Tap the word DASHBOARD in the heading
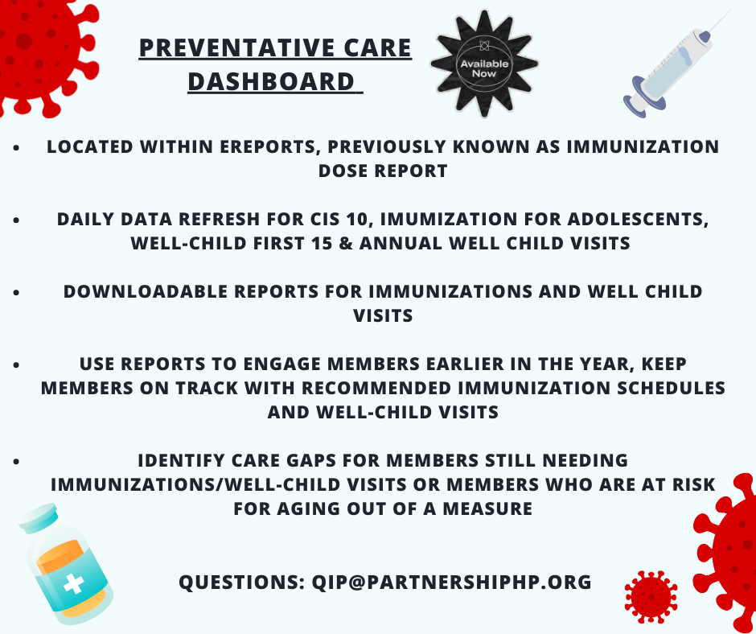tap(271, 81)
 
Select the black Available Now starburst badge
tap(484, 64)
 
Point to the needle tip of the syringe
tap(730, 10)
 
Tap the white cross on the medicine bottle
tap(74, 584)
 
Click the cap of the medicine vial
tap(38, 517)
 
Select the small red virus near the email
tap(651, 597)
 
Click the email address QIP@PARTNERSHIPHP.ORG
tap(452, 582)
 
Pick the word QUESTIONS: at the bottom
tap(241, 582)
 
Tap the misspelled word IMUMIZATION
tap(449, 219)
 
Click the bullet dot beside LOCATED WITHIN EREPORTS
tap(16, 148)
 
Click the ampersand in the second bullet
tap(346, 243)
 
